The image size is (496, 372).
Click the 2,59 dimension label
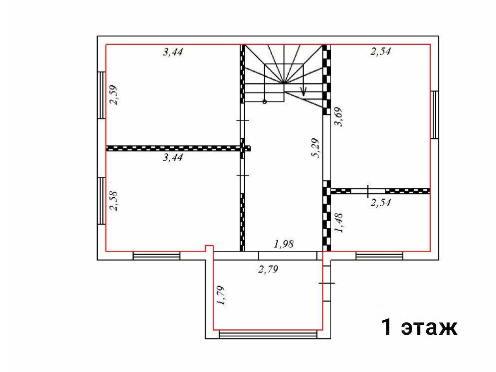[113, 95]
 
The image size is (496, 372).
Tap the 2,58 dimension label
[113, 201]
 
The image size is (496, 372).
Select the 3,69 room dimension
[338, 117]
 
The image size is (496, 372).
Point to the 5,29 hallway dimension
[315, 148]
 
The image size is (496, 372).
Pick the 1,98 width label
[284, 244]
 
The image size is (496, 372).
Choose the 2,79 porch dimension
[268, 269]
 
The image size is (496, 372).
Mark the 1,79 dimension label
[221, 296]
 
